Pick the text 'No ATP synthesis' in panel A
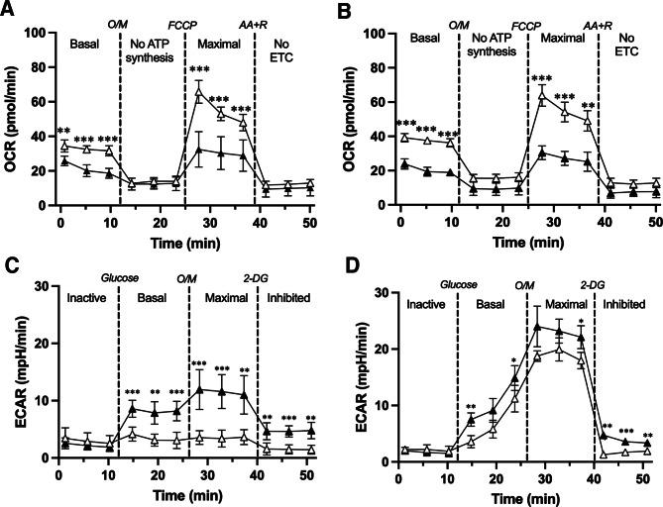point(152,51)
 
